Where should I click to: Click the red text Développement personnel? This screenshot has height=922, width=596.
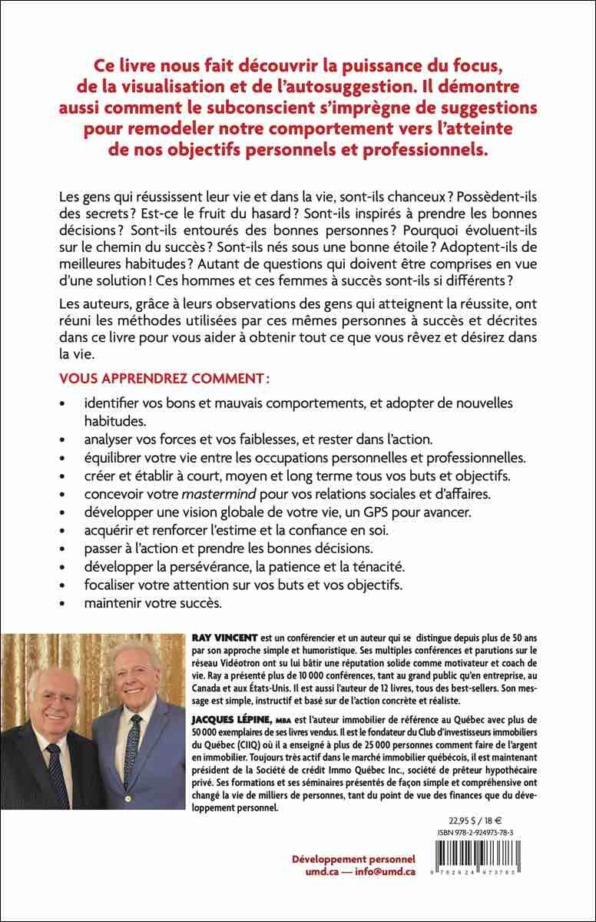(x=354, y=858)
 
